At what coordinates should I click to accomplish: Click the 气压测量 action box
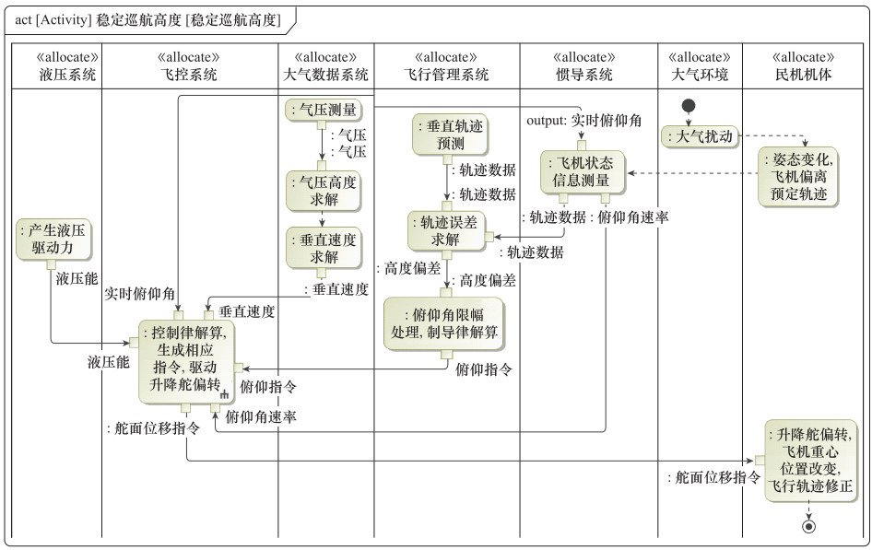322,110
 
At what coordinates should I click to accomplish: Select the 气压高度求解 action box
322,191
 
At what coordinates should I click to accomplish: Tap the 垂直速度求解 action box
322,247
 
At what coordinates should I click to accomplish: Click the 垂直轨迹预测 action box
449,135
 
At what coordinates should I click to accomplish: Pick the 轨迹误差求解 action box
447,230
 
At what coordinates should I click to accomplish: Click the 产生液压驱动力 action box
55,239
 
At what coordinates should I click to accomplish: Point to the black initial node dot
688,106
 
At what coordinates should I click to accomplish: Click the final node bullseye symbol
809,526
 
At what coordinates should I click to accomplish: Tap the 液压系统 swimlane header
55,66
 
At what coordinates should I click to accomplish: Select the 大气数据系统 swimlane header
324,66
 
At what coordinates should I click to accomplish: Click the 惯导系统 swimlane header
587,66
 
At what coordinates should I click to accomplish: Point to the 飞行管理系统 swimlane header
446,66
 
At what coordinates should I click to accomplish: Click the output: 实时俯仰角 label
584,121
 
